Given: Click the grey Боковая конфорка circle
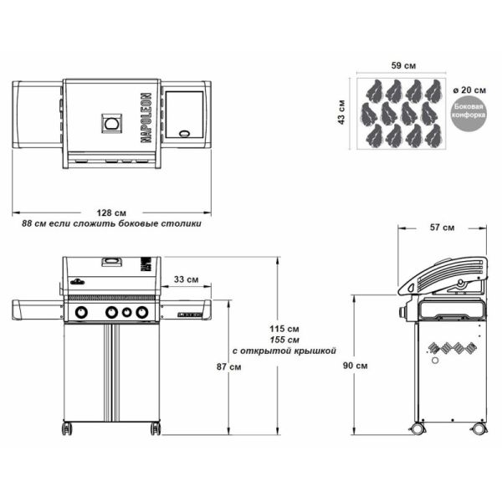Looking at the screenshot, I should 468,115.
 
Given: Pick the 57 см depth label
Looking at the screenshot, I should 442,227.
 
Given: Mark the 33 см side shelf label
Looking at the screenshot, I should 186,279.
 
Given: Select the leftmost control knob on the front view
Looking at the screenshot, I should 82,313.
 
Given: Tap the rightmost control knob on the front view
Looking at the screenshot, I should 141,313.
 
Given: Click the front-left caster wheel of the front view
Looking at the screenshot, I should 67,428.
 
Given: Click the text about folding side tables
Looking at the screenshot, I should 111,224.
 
